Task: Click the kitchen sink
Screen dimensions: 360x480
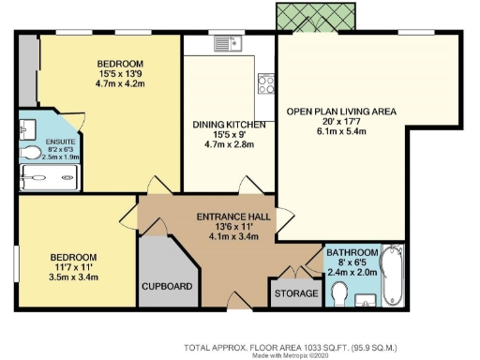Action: click(226, 42)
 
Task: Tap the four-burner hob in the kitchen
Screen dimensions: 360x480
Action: click(265, 85)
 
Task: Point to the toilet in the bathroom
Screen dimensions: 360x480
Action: click(342, 295)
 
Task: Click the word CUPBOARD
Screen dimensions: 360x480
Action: click(168, 286)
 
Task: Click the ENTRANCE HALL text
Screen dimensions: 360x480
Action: click(233, 216)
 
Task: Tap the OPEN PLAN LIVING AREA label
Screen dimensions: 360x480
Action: click(341, 112)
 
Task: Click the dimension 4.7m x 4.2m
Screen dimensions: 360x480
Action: click(125, 82)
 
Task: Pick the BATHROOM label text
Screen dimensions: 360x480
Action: click(352, 253)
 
